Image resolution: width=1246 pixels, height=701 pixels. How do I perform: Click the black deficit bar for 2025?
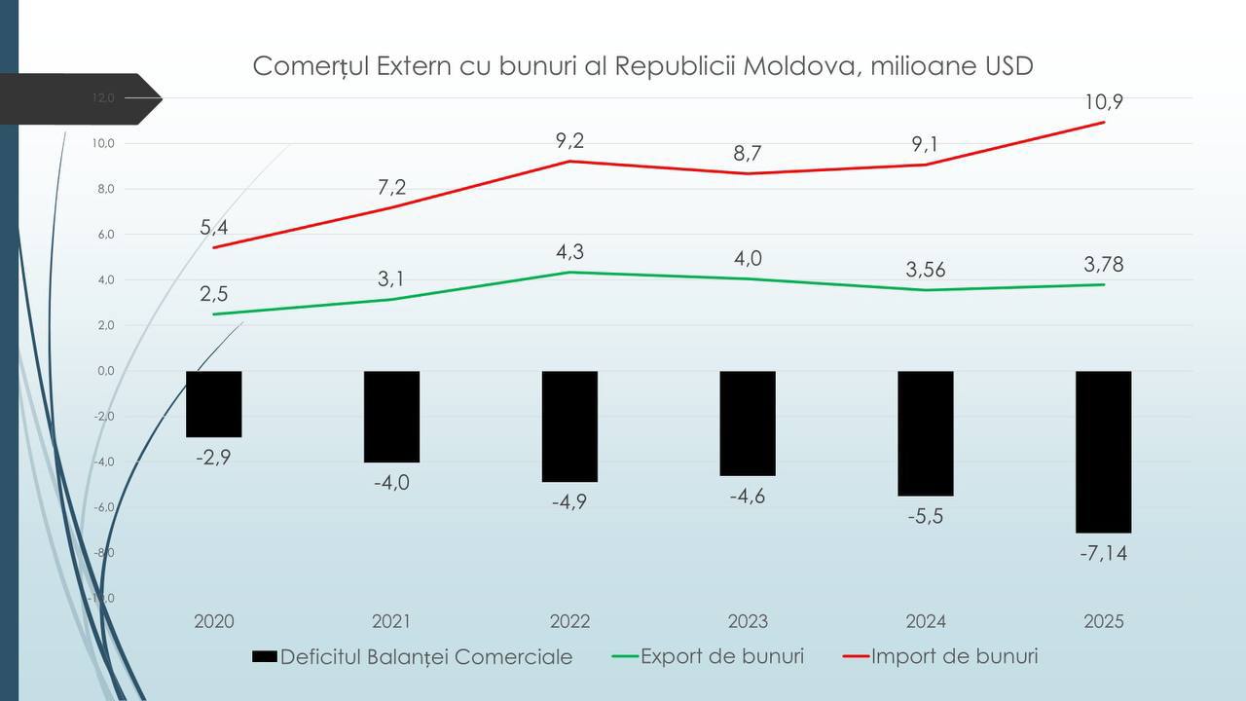point(1103,451)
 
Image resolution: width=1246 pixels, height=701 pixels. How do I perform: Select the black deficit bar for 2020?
point(213,403)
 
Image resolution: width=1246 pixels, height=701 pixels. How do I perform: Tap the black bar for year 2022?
point(569,425)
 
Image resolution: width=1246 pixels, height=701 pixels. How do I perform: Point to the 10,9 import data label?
point(1104,102)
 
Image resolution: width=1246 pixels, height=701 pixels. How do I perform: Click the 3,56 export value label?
point(926,270)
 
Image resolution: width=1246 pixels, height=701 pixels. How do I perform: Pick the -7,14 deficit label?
point(1103,554)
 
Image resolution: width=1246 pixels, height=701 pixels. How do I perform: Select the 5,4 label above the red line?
point(214,228)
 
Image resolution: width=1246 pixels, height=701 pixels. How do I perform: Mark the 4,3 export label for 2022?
point(570,251)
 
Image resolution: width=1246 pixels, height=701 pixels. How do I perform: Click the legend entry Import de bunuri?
point(954,656)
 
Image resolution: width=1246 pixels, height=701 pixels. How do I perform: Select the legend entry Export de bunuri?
point(721,656)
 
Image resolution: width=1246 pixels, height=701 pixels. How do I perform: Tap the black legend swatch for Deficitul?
point(264,657)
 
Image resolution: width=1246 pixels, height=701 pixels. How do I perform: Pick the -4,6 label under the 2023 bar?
point(748,496)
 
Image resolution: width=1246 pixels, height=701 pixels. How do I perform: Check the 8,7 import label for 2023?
point(748,153)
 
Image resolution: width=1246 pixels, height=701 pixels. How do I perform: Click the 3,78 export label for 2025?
point(1103,264)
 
